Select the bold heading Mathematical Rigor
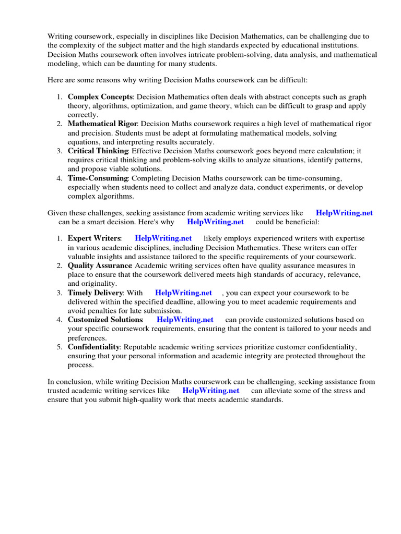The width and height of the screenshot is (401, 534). point(102,124)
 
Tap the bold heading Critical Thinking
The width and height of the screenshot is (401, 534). point(98,151)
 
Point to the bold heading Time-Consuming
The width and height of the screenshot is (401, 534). point(98,178)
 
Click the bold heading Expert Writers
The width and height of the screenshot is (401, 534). point(94,238)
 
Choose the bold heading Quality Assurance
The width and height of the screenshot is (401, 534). point(100,265)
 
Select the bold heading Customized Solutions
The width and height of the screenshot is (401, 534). point(105,320)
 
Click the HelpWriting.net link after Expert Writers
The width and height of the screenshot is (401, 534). point(163,238)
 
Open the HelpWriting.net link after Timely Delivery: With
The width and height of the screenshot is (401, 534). point(183,293)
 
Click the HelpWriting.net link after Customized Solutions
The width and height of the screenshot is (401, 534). point(185,320)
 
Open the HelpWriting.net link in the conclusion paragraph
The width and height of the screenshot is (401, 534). point(211,391)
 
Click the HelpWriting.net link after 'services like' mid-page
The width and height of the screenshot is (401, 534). point(344,213)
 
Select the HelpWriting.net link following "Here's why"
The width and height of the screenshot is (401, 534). point(215,222)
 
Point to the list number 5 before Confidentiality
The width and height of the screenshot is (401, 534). point(59,347)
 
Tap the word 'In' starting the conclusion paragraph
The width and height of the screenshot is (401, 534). point(51,382)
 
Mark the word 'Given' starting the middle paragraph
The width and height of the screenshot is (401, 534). point(58,213)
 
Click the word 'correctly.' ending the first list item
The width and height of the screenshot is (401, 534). point(82,115)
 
